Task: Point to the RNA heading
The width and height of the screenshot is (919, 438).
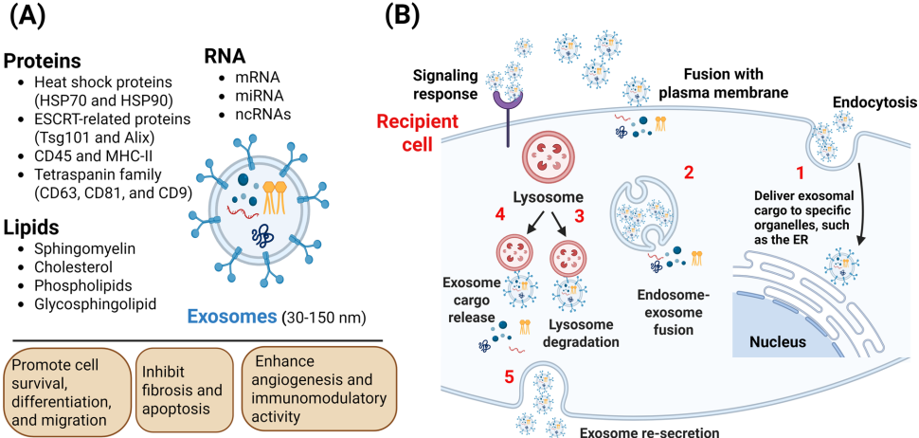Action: [x=225, y=56]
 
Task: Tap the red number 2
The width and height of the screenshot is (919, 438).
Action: [x=689, y=173]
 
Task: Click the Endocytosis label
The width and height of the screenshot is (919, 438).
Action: [x=870, y=100]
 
